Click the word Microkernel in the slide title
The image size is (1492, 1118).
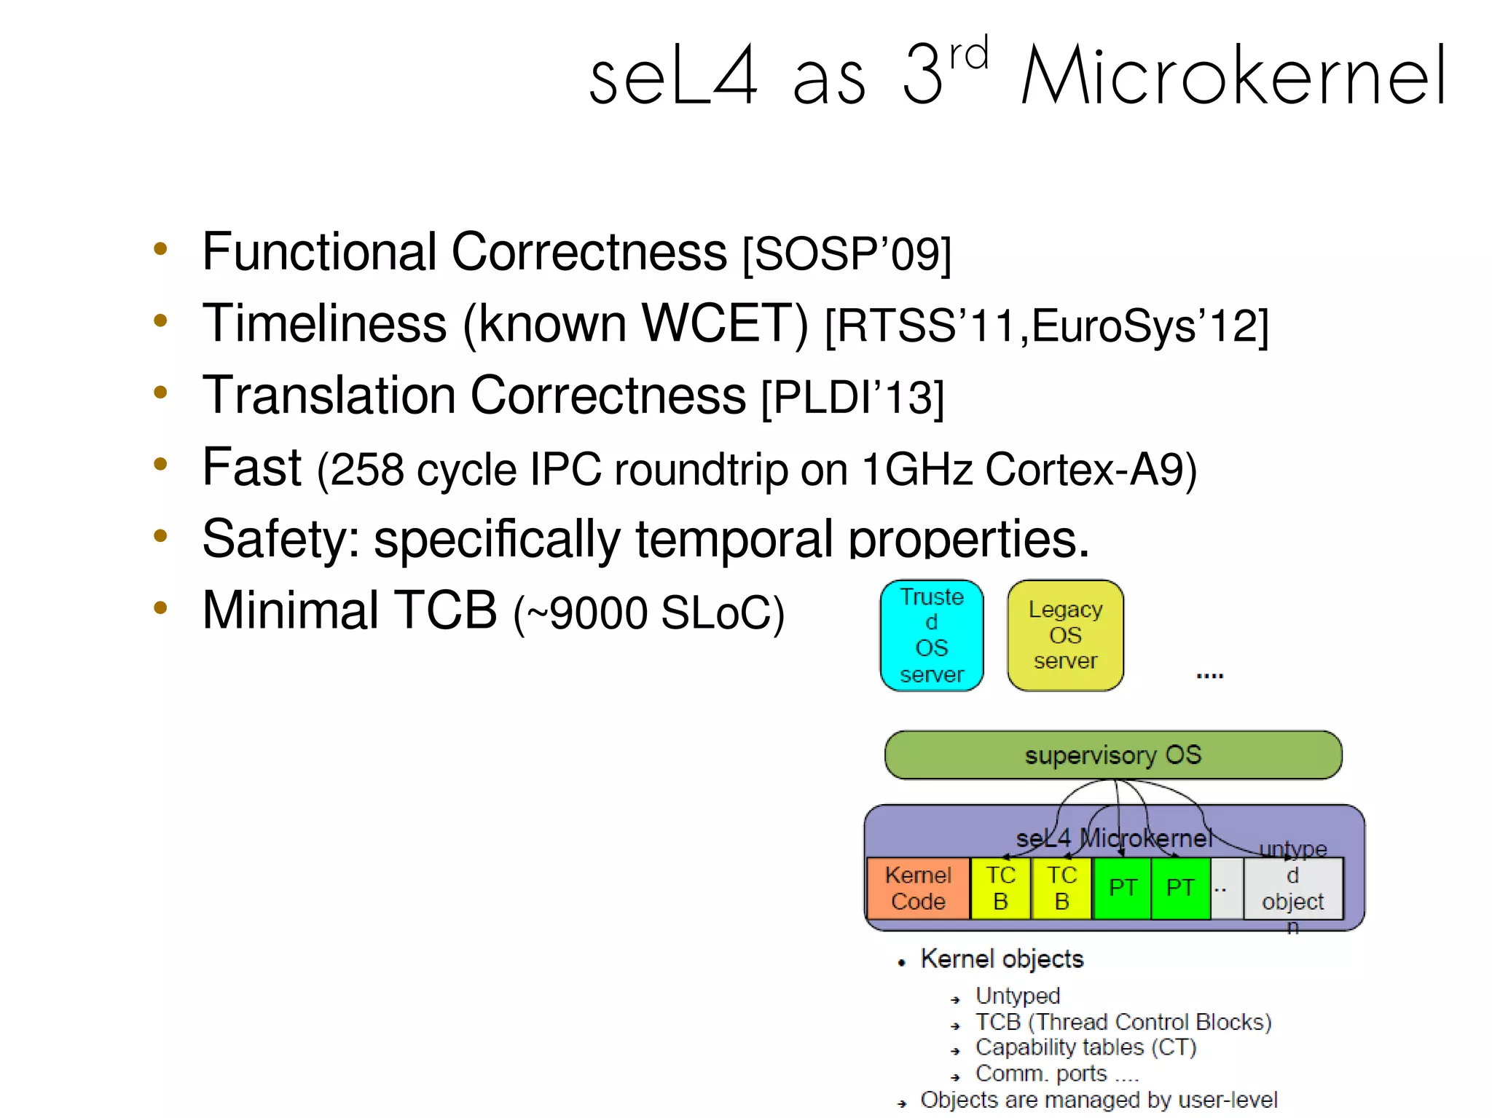1233,76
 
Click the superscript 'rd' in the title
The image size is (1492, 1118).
969,54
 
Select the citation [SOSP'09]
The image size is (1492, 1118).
847,254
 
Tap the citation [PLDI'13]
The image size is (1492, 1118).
852,398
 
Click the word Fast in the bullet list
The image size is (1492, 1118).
251,467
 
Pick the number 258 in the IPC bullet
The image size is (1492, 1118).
367,470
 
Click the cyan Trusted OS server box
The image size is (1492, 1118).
932,635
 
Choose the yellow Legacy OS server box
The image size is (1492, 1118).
1065,635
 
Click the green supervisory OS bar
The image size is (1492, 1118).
1112,755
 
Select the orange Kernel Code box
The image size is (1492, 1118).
918,888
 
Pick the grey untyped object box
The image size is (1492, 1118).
1292,888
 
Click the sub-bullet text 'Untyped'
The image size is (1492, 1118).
1017,996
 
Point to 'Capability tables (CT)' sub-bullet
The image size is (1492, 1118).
1085,1047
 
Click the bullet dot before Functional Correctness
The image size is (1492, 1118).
160,249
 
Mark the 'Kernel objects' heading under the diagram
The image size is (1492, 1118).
1002,959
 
